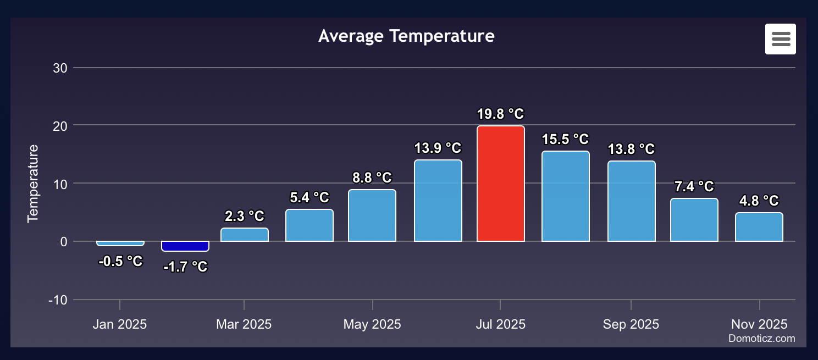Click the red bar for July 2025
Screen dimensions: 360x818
[500, 184]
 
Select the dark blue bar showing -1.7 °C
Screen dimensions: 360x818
[185, 246]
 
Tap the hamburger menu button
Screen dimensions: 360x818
[780, 39]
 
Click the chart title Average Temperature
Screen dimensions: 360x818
[406, 36]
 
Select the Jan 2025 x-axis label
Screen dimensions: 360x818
[120, 324]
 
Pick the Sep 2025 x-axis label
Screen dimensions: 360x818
[631, 324]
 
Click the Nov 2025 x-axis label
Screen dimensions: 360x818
[759, 324]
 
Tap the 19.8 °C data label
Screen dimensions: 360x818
[500, 114]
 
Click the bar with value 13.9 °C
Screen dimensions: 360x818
[438, 201]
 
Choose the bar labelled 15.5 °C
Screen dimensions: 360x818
[565, 196]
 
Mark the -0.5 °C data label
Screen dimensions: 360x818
[120, 262]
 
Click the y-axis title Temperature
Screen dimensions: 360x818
[34, 183]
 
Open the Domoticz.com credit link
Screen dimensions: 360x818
[761, 339]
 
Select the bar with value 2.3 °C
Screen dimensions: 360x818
[245, 235]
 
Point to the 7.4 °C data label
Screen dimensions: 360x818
[694, 187]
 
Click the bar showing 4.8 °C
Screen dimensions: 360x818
[759, 227]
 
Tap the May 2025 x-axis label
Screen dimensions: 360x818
[372, 324]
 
